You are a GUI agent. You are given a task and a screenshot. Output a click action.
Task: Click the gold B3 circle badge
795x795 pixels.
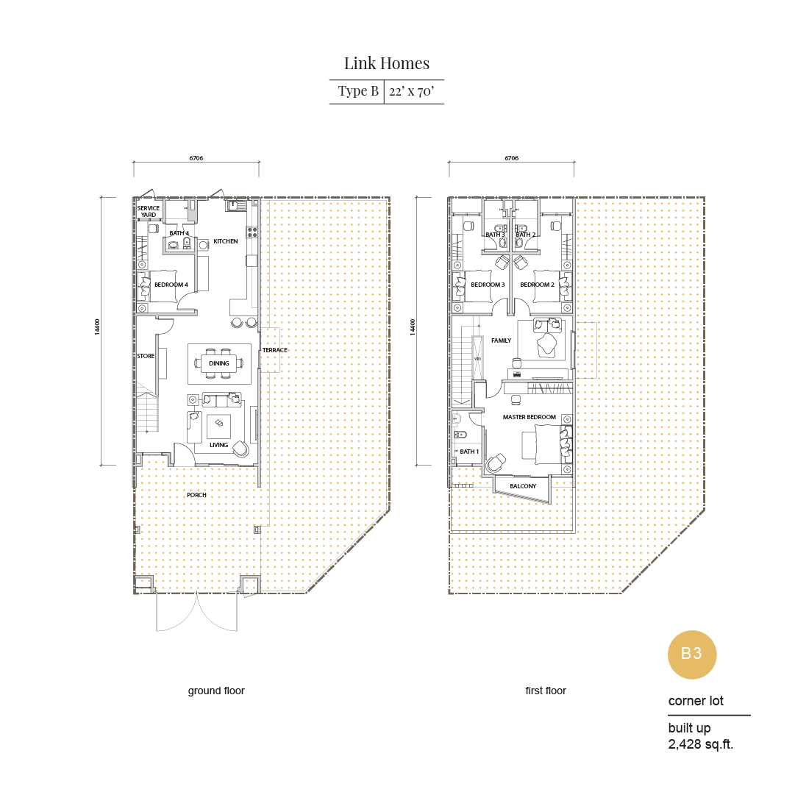pyautogui.click(x=691, y=654)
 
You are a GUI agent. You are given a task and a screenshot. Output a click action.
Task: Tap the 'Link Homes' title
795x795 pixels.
pyautogui.click(x=387, y=63)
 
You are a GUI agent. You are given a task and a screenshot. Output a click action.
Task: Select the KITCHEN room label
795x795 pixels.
pyautogui.click(x=226, y=241)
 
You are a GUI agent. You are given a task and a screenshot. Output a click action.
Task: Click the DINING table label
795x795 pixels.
pyautogui.click(x=219, y=363)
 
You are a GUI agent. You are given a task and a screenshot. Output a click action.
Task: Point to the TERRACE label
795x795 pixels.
pyautogui.click(x=275, y=350)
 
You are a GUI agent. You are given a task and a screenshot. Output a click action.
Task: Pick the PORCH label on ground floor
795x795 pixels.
pyautogui.click(x=196, y=496)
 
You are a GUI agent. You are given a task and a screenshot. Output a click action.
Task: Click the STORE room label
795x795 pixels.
pyautogui.click(x=146, y=356)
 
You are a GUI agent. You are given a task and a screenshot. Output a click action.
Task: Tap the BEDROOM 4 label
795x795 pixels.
pyautogui.click(x=171, y=285)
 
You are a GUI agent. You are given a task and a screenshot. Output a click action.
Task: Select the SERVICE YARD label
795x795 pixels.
pyautogui.click(x=149, y=211)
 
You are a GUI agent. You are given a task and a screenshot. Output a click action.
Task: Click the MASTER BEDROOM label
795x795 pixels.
pyautogui.click(x=530, y=417)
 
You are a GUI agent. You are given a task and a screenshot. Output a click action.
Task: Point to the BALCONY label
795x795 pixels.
pyautogui.click(x=523, y=486)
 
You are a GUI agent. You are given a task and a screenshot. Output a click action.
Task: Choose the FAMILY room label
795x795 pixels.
pyautogui.click(x=501, y=341)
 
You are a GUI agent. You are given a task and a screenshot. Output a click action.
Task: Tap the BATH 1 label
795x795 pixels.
pyautogui.click(x=469, y=452)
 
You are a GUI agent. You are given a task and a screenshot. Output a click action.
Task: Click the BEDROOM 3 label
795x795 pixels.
pyautogui.click(x=488, y=285)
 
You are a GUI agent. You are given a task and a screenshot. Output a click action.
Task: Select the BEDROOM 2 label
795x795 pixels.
pyautogui.click(x=537, y=285)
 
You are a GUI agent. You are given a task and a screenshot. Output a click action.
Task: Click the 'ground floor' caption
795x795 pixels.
pyautogui.click(x=216, y=691)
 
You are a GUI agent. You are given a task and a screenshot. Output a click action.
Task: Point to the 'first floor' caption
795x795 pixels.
pyautogui.click(x=546, y=691)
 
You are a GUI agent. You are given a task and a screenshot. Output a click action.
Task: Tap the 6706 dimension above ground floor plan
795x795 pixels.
pyautogui.click(x=196, y=158)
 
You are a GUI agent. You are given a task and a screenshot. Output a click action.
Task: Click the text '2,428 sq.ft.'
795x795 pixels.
pyautogui.click(x=701, y=744)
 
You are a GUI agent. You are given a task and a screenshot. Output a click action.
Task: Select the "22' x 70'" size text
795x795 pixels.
pyautogui.click(x=412, y=91)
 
